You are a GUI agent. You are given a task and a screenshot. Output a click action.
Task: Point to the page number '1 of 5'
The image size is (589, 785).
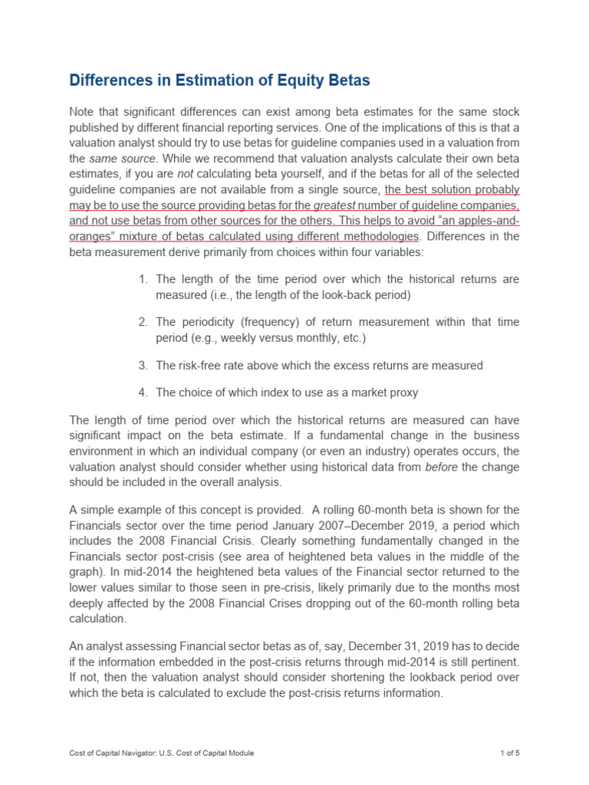pyautogui.click(x=506, y=753)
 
